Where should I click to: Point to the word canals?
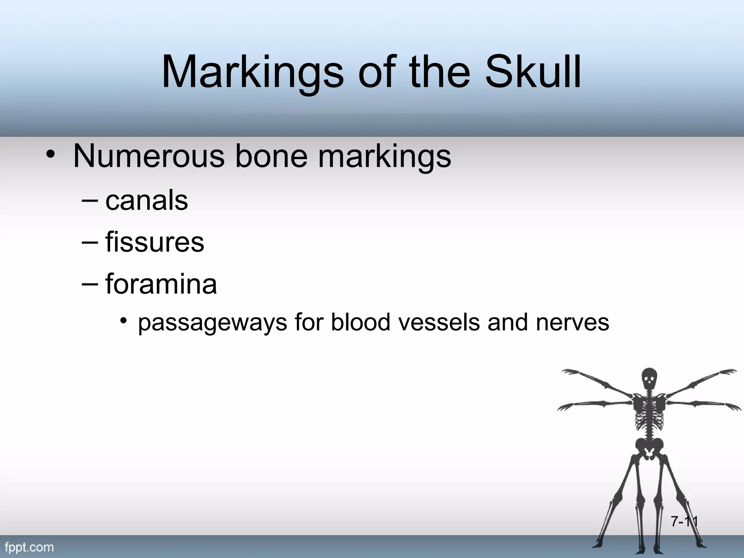point(147,201)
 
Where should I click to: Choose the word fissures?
point(155,242)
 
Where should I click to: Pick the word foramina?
point(161,284)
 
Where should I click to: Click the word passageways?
point(213,323)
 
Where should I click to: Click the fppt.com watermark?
point(29,547)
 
